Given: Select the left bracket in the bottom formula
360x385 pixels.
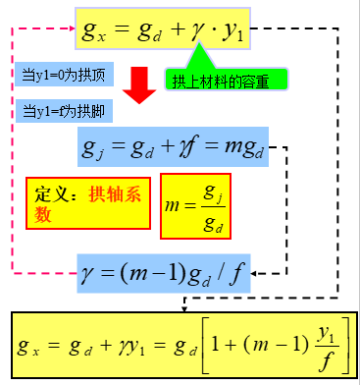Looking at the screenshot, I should [x=209, y=346].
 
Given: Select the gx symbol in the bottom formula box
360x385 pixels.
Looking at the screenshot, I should [x=30, y=346].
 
